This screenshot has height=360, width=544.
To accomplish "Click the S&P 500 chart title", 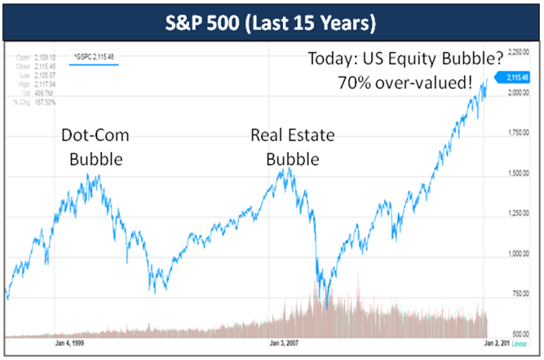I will tap(272, 20).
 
